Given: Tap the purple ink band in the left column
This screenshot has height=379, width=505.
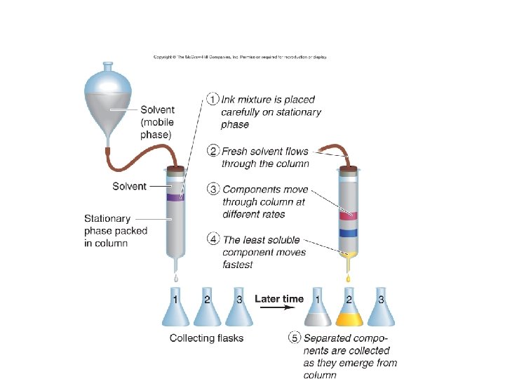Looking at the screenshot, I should (175, 198).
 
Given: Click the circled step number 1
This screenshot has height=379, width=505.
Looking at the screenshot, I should (213, 100).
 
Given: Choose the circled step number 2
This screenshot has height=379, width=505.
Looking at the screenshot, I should (213, 151).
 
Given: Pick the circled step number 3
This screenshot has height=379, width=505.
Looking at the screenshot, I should (213, 189).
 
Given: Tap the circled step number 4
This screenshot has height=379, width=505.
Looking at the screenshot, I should (213, 239).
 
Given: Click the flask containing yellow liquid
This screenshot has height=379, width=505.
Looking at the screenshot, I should (348, 310).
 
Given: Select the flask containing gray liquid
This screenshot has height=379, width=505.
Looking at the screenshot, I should (317, 310).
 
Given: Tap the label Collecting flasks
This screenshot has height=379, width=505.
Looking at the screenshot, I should (207, 338).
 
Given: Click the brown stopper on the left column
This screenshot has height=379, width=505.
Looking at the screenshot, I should (175, 168).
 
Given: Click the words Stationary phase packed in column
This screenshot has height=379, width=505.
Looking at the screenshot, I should (116, 230).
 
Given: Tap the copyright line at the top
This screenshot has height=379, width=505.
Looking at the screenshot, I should (240, 57).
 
